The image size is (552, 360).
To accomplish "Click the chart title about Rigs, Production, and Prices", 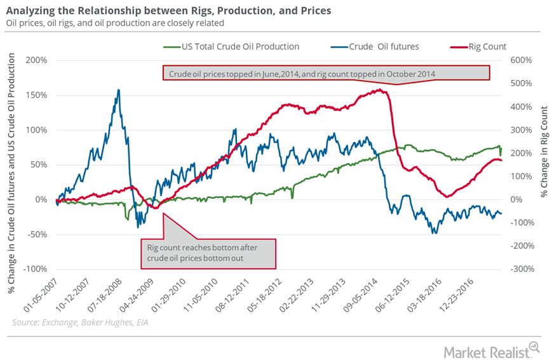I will coord(168,11).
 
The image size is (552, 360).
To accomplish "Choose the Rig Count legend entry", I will coord(483,46).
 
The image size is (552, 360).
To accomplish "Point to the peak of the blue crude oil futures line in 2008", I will coord(118,90).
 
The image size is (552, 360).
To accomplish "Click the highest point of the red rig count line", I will coord(379,90).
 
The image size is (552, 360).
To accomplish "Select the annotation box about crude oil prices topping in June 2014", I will coord(326,74).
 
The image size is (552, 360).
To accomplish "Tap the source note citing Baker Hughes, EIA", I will coord(80,323).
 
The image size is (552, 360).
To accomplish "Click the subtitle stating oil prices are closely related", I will coord(116,23).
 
